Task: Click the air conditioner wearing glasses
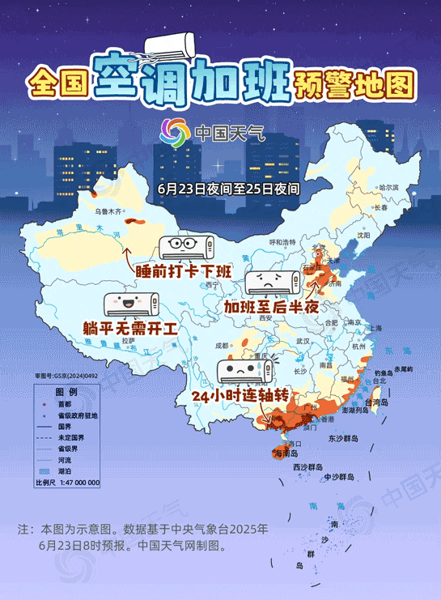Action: click(x=186, y=246)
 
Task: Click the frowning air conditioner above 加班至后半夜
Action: click(x=274, y=282)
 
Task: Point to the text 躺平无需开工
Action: click(x=129, y=329)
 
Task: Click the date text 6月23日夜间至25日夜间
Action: click(x=230, y=188)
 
